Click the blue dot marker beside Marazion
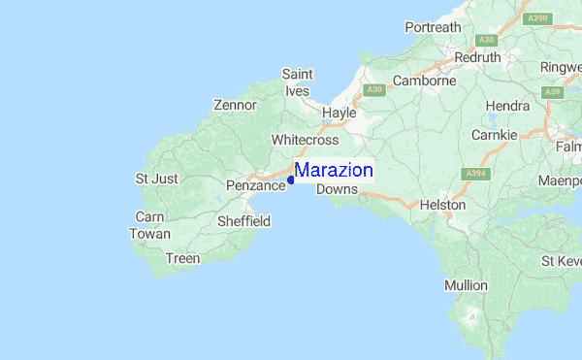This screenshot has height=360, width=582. click(x=291, y=179)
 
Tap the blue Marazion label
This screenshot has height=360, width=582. click(x=334, y=171)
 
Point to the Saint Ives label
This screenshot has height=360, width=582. click(x=297, y=82)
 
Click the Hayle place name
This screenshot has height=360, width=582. click(x=339, y=113)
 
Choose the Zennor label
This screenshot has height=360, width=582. click(x=235, y=105)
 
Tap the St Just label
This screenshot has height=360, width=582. click(x=156, y=179)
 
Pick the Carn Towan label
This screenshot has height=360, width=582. click(x=151, y=225)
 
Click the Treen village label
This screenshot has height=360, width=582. click(x=182, y=258)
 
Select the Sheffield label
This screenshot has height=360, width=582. click(x=242, y=221)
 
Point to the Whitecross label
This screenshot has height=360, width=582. click(x=305, y=140)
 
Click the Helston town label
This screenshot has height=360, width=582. click(x=442, y=206)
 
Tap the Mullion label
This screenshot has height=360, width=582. click(x=466, y=285)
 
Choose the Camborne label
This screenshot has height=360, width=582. click(x=424, y=81)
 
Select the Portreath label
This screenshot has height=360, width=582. click(x=433, y=27)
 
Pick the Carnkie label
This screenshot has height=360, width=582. click(x=494, y=135)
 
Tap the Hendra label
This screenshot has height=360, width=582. click(x=507, y=105)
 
